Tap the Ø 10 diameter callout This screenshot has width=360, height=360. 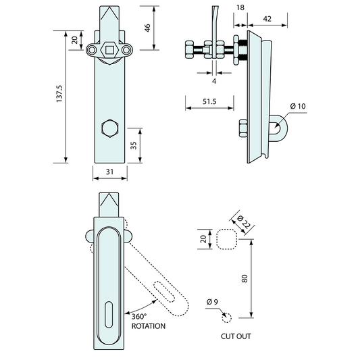pos(297,107)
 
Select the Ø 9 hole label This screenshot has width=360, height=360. pos(212,301)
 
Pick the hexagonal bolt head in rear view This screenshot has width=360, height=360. pos(108,130)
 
